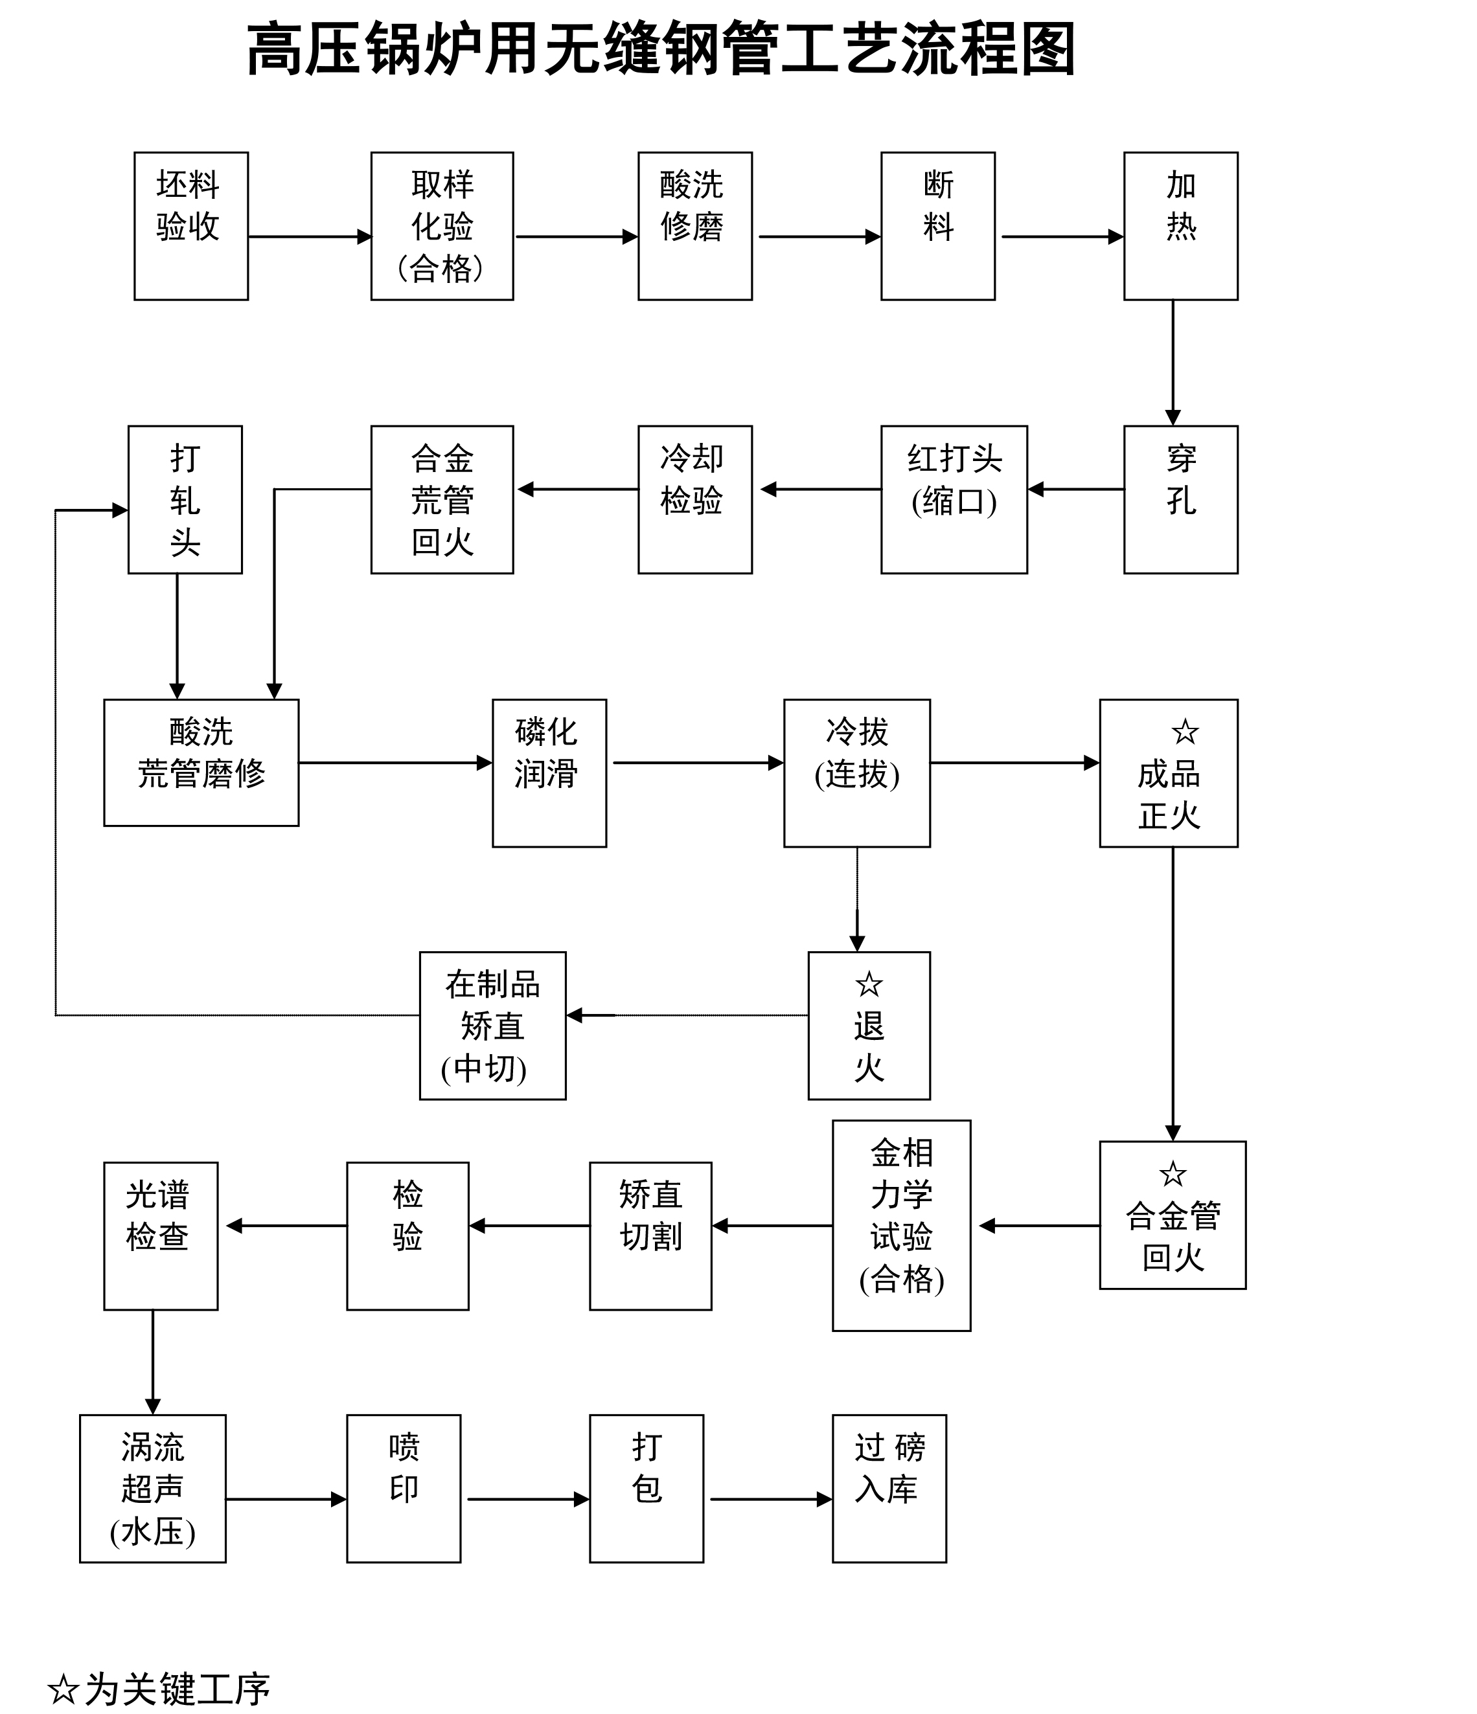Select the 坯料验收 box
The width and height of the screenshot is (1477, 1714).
[191, 226]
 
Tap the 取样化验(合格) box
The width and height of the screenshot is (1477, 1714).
[442, 226]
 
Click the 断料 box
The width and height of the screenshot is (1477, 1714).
[937, 226]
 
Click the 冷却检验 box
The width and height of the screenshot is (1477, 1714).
[694, 500]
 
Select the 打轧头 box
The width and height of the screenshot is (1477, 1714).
[185, 500]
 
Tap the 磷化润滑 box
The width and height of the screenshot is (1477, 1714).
[549, 772]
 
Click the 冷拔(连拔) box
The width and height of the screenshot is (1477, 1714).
[856, 772]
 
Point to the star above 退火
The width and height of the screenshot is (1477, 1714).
[869, 984]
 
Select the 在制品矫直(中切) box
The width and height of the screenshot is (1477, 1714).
[492, 1026]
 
